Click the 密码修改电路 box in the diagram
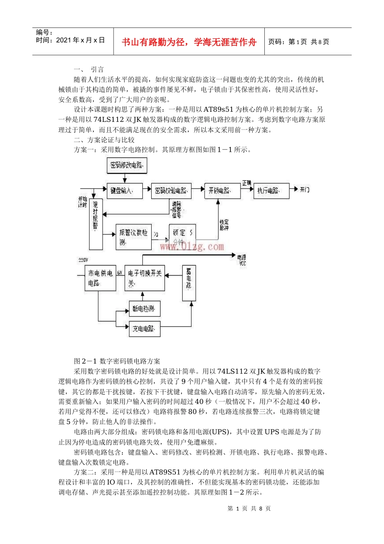pos(127,165)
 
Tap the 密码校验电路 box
pos(171,190)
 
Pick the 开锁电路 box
pos(222,190)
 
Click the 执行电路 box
pos(271,190)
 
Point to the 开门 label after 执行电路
pos(305,189)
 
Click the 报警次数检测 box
pos(133,237)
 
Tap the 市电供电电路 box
pos(100,278)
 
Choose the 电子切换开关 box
pos(145,278)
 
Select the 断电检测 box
pos(144,309)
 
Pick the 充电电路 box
pos(144,329)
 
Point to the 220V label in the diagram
pos(83,259)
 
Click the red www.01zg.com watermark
pos(192,246)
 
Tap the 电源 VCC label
pos(242,260)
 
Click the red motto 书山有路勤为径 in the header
pos(189,42)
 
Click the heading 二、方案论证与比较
pos(104,140)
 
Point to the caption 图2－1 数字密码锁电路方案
pos(117,361)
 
